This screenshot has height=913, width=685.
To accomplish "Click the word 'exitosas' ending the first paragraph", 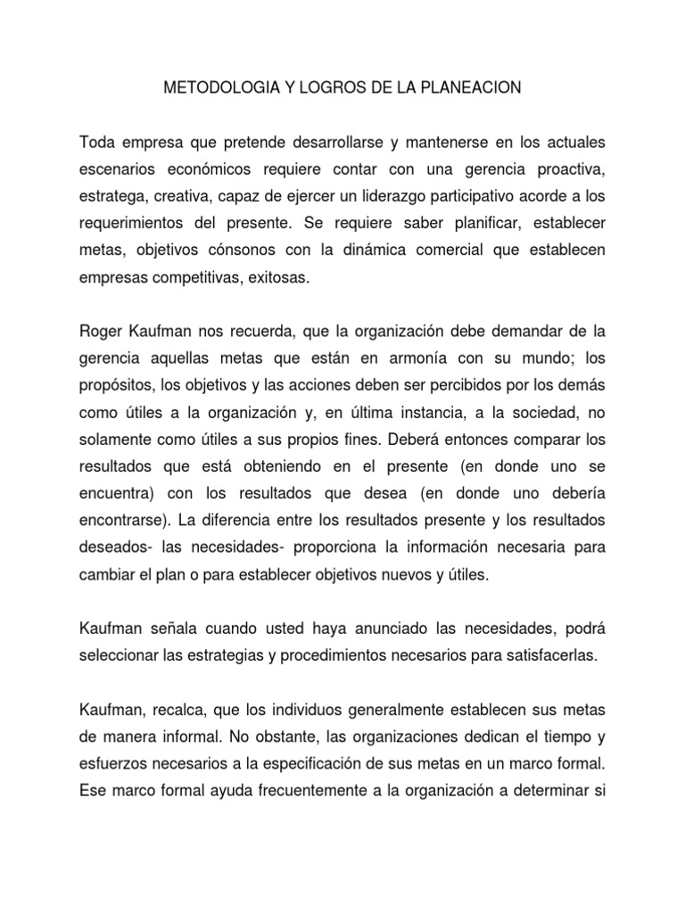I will pos(279,278).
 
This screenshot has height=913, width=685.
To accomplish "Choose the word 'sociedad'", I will pos(536,415).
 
